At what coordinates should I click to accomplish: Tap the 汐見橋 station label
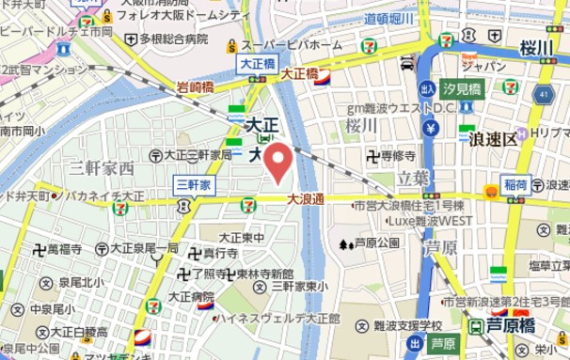463,89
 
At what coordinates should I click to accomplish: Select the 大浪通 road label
305,198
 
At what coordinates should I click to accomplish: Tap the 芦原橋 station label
512,325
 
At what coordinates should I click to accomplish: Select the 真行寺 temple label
219,254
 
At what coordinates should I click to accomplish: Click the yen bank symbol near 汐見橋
432,128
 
